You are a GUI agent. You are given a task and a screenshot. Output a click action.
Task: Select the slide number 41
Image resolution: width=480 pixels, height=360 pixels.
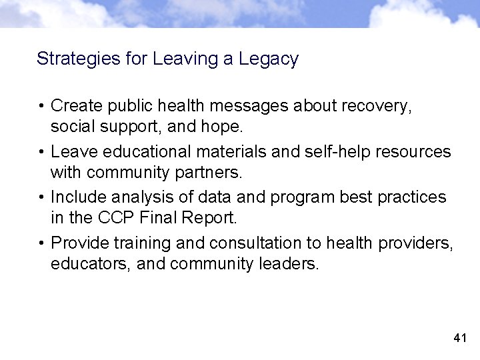tap(459, 339)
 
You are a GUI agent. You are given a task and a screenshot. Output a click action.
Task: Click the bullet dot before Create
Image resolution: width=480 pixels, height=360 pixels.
tap(41, 106)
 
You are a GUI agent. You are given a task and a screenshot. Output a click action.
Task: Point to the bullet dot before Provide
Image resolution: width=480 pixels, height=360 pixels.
tap(41, 243)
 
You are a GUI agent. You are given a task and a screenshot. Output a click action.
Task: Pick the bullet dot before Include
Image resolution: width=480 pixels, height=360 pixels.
tap(41, 197)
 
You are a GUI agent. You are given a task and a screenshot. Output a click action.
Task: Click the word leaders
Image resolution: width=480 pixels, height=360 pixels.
tap(291, 265)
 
